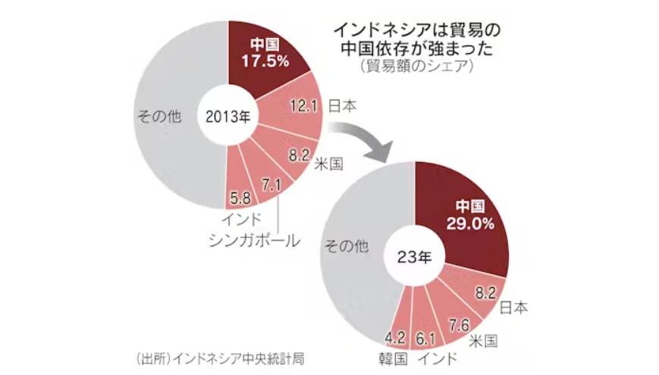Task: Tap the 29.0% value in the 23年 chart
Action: coord(475,224)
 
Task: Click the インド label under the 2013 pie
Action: coord(242,221)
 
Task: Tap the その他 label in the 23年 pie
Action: coord(346,244)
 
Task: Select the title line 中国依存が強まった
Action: coord(418,49)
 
